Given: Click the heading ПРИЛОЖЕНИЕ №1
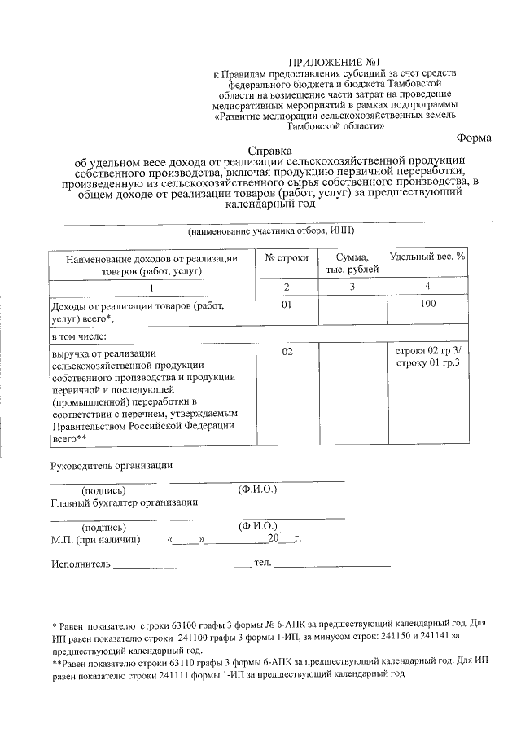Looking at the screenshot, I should [x=336, y=62].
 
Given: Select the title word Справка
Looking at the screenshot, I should [x=269, y=151].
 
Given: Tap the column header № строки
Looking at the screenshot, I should [x=287, y=257].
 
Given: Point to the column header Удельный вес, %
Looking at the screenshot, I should [x=427, y=257].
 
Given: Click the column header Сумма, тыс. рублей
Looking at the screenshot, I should [x=352, y=263].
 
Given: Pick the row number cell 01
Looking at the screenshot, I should [x=287, y=305].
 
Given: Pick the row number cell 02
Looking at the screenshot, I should [x=287, y=351].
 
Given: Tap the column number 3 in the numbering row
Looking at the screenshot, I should [x=352, y=287].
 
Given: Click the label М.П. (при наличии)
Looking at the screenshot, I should [x=95, y=540].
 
